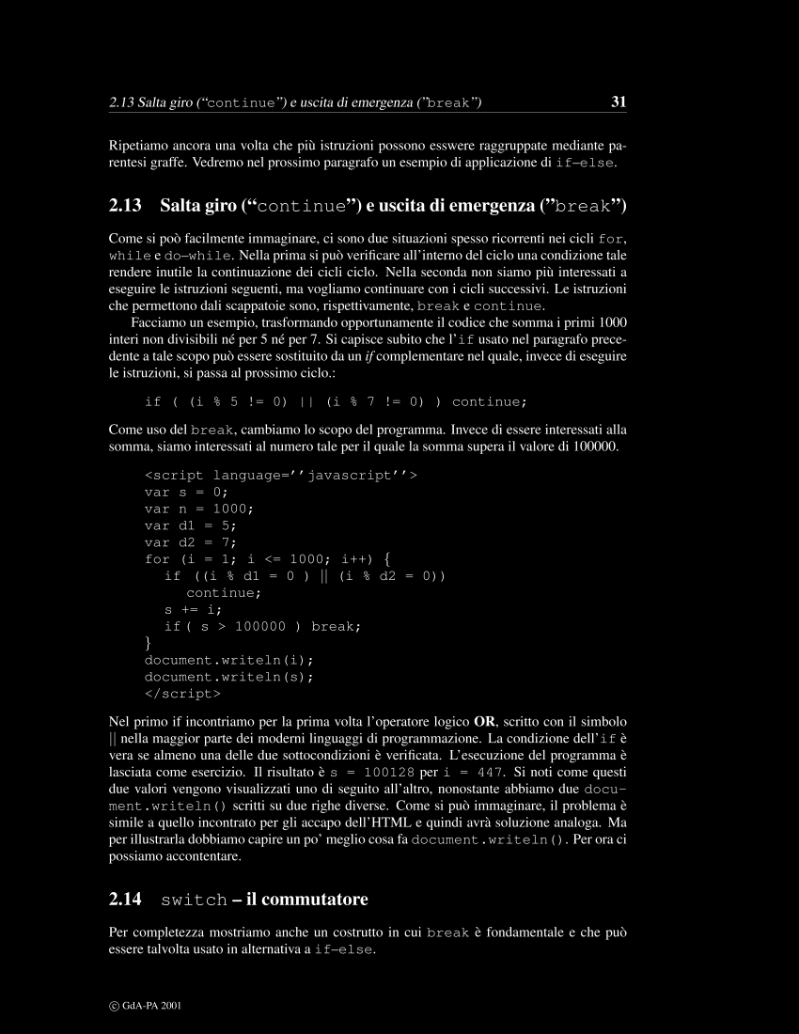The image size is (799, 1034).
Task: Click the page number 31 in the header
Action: tap(619, 102)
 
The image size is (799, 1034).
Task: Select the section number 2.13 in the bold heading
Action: tap(125, 206)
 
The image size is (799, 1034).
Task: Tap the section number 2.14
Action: tap(125, 900)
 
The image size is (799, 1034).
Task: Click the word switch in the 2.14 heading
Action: tap(194, 901)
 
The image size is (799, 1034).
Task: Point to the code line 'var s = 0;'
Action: tap(186, 492)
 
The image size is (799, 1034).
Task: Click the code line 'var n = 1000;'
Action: tap(198, 509)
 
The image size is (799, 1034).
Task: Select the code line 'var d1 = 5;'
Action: tap(190, 525)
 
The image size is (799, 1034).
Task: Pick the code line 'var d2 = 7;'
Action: tap(190, 542)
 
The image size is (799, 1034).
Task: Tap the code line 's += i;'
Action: tap(194, 609)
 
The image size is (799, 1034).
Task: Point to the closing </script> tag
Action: tap(182, 694)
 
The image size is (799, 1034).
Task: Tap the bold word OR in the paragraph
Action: tap(485, 722)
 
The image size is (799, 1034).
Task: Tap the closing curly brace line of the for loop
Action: tap(148, 643)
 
